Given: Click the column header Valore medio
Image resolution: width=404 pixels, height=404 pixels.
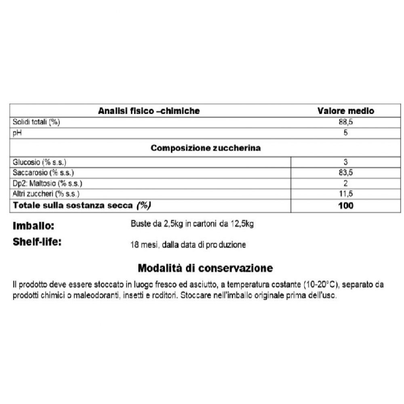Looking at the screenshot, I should tap(345, 111).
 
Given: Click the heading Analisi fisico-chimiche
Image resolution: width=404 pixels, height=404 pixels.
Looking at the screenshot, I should tap(149, 111).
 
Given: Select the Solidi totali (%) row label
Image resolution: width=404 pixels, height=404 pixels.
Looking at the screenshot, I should tap(36, 122).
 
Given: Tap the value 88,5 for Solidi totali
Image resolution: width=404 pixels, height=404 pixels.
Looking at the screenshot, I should tap(345, 122).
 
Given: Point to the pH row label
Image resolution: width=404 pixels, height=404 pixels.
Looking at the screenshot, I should tap(17, 133).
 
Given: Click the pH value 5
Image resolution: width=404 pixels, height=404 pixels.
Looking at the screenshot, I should tap(345, 133).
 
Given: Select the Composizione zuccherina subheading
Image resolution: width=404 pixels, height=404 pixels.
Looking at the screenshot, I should tap(205, 148).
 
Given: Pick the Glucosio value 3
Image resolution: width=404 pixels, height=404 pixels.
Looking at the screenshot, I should tap(345, 162).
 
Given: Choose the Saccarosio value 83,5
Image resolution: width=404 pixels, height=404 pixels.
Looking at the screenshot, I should tap(345, 173).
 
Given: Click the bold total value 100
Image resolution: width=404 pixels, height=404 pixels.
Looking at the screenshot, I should tap(345, 206).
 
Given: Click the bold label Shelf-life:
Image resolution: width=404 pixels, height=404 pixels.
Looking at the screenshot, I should tap(37, 243).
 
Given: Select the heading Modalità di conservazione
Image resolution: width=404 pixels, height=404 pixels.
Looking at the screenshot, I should tap(205, 268).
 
